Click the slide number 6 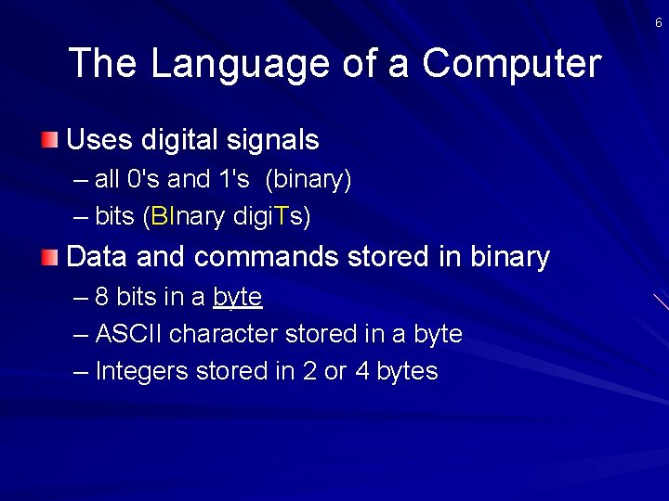click(659, 22)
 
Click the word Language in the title click(226, 64)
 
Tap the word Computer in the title click(511, 64)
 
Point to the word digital click(184, 140)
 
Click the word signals click(276, 140)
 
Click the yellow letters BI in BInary click(161, 217)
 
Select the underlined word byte click(238, 297)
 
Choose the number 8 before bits click(102, 297)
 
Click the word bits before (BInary click(115, 217)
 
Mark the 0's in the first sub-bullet click(142, 180)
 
